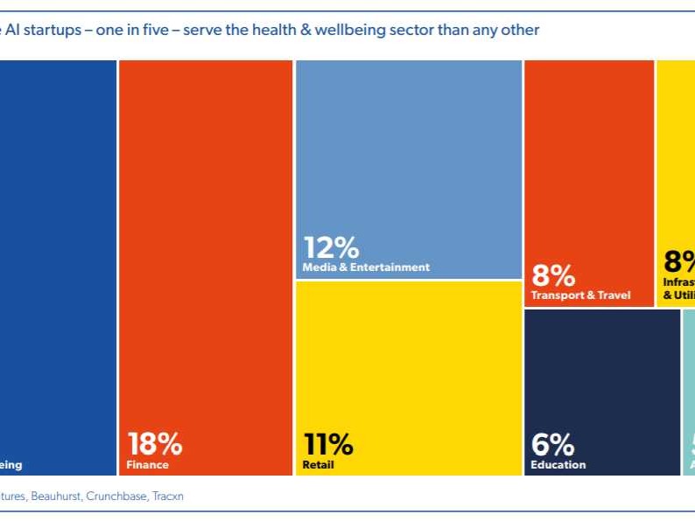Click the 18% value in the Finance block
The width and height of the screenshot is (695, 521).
click(155, 444)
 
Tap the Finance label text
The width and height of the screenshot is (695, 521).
click(147, 465)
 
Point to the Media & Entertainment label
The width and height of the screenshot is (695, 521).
click(366, 267)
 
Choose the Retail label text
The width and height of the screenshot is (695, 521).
click(319, 465)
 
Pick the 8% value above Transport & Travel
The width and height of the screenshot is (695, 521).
click(553, 275)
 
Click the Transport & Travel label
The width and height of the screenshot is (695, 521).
click(580, 295)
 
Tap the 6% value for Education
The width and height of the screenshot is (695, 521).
click(552, 444)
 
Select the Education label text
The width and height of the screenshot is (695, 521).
click(558, 465)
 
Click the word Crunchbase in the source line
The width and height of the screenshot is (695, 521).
click(118, 496)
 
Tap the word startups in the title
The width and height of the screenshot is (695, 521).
click(52, 31)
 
